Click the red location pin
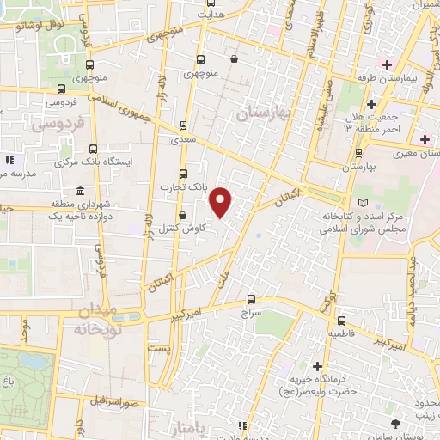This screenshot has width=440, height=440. [221, 201]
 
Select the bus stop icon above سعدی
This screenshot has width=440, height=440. [184, 125]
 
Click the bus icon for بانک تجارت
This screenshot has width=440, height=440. [183, 173]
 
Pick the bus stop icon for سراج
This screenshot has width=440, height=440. [251, 299]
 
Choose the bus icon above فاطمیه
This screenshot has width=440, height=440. [335, 317]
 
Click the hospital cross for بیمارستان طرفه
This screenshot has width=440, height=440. [388, 64]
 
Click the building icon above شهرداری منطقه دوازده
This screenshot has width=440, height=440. [80, 190]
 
